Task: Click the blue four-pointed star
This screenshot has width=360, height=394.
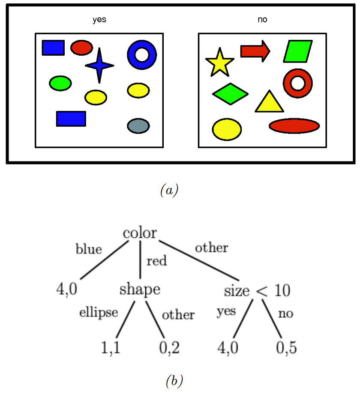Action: pyautogui.click(x=99, y=66)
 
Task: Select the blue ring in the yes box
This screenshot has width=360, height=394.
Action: pyautogui.click(x=142, y=54)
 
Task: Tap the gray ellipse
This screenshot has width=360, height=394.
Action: pyautogui.click(x=138, y=125)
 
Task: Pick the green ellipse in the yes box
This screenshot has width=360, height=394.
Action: pyautogui.click(x=60, y=83)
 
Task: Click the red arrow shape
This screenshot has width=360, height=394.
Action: pyautogui.click(x=255, y=51)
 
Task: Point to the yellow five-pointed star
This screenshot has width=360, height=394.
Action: pyautogui.click(x=219, y=63)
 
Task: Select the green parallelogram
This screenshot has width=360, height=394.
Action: pyautogui.click(x=298, y=51)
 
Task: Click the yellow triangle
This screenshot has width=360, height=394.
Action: pyautogui.click(x=269, y=103)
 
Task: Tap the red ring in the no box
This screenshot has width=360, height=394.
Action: pyautogui.click(x=298, y=83)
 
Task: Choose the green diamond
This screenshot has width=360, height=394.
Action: pyautogui.click(x=230, y=93)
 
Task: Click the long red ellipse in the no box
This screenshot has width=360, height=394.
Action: pyautogui.click(x=294, y=126)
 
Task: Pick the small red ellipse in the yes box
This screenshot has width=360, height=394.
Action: pyautogui.click(x=81, y=48)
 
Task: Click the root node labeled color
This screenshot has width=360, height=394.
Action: pyautogui.click(x=140, y=233)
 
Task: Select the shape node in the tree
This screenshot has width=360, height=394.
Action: pyautogui.click(x=140, y=290)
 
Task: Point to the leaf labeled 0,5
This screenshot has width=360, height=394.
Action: pyautogui.click(x=285, y=347)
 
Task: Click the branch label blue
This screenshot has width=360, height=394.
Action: pyautogui.click(x=89, y=250)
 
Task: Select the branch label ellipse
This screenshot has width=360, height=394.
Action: pyautogui.click(x=99, y=312)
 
